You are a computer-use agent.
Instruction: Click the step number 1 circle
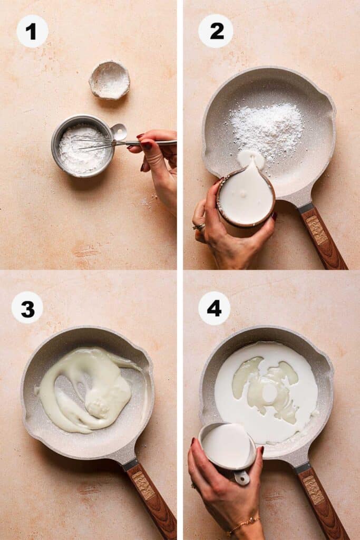32,31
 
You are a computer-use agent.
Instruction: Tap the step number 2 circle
215,31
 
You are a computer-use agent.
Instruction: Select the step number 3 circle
27,307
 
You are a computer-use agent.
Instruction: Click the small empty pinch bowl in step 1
109,80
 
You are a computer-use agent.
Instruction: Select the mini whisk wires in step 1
95,142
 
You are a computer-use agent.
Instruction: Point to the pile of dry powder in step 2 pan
268,129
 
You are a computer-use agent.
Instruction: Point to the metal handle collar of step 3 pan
130,465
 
